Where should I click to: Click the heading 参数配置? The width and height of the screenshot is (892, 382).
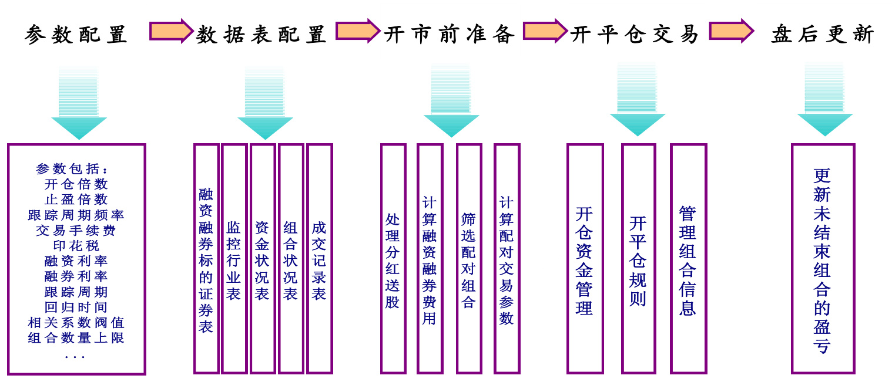pos(76,35)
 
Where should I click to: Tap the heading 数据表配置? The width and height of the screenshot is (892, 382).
pos(261,35)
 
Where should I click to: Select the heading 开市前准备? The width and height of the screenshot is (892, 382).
pos(450,35)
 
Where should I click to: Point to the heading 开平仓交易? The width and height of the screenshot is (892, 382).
pos(635,35)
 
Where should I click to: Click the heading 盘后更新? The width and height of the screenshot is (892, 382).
pos(823,35)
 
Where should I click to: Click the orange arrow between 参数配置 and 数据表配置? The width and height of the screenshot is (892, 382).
pos(171,31)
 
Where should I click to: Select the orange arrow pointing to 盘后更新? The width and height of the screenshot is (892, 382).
pos(731,31)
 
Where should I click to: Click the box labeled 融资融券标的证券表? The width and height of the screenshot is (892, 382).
pos(206,259)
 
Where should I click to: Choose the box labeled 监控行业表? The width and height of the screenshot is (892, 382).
pos(234,259)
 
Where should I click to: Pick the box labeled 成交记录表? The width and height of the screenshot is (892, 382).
pos(319,259)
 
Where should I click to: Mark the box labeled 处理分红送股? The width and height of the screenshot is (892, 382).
pos(393,259)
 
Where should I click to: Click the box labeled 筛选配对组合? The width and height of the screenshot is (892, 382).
pos(468,259)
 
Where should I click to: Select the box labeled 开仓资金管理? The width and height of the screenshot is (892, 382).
pos(585,259)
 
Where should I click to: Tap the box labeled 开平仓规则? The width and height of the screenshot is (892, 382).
pos(638,259)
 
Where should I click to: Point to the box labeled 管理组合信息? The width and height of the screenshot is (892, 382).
pos(688,259)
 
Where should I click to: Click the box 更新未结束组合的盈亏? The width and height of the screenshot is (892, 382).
pos(822,259)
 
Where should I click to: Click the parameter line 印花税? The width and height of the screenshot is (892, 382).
pos(76,246)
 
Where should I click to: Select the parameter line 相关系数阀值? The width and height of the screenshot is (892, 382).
pos(76,323)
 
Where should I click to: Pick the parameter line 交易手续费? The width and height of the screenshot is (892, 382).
pos(76,231)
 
